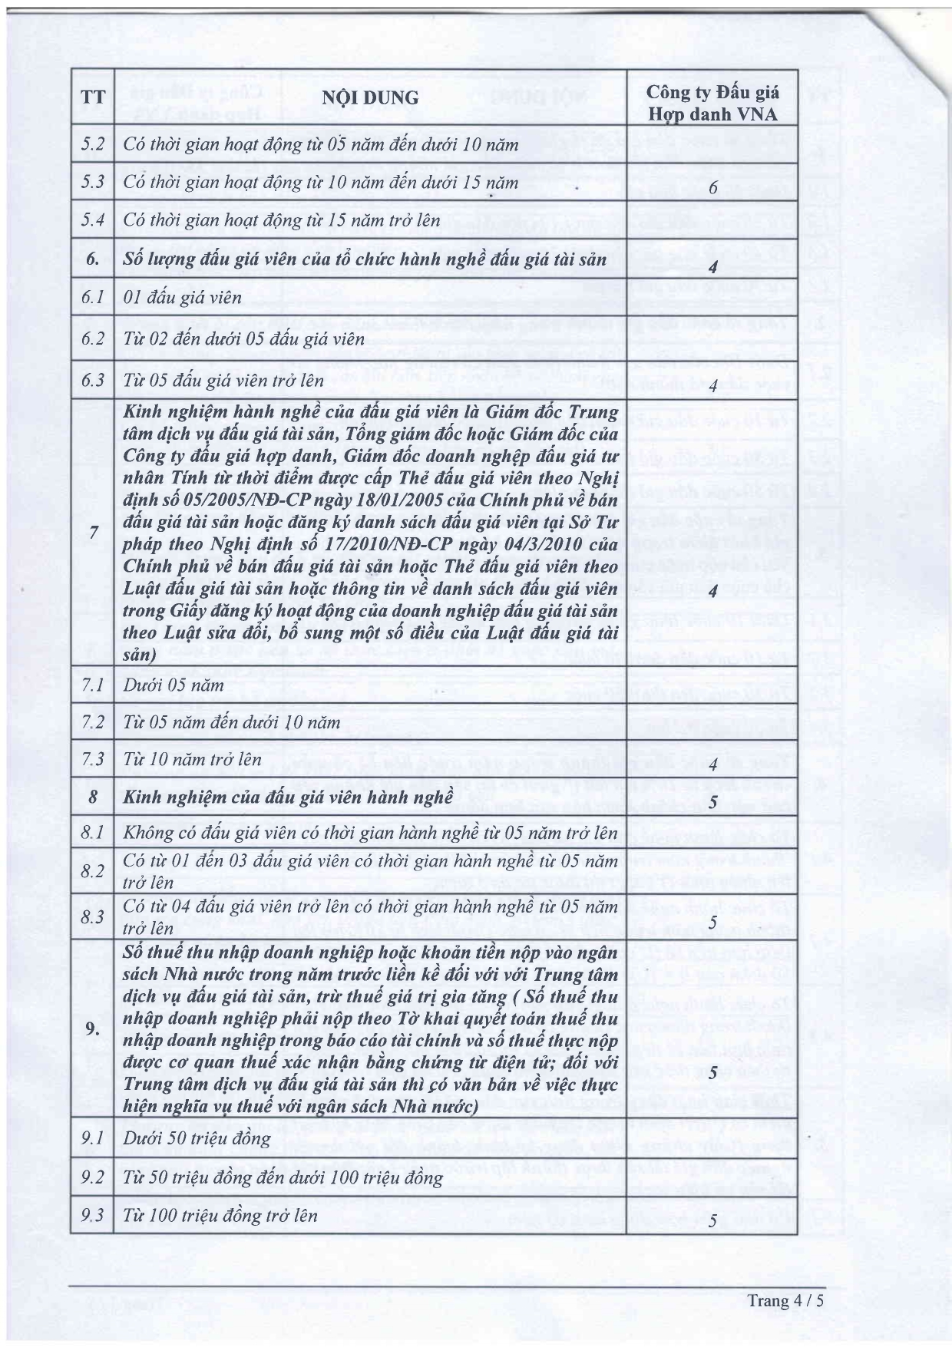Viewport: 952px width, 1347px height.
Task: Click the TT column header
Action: pyautogui.click(x=93, y=98)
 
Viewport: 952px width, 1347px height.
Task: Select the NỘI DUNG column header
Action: pyautogui.click(x=370, y=98)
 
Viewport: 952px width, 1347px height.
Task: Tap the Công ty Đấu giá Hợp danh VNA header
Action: pyautogui.click(x=712, y=103)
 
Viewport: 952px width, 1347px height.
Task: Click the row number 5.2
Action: pyautogui.click(x=93, y=144)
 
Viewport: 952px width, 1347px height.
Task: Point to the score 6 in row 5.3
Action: pyautogui.click(x=713, y=188)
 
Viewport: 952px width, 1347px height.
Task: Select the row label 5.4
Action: pyautogui.click(x=93, y=221)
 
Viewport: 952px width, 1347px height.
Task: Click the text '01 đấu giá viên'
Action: pyautogui.click(x=182, y=298)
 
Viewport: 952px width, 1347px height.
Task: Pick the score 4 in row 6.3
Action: pyautogui.click(x=713, y=386)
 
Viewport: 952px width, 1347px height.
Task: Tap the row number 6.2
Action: pyautogui.click(x=93, y=338)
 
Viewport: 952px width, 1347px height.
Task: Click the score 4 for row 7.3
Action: pyautogui.click(x=713, y=764)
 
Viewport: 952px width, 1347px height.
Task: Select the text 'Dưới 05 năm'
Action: pyautogui.click(x=174, y=685)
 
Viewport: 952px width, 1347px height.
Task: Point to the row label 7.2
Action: pyautogui.click(x=93, y=722)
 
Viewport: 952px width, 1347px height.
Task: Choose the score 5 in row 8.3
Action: pyautogui.click(x=713, y=922)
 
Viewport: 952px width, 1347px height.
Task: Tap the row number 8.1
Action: pyautogui.click(x=93, y=833)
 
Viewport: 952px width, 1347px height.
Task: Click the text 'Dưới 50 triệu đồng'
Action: pyautogui.click(x=197, y=1138)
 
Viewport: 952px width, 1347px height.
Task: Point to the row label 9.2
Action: pyautogui.click(x=93, y=1177)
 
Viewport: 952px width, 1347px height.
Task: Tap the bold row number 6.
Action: pyautogui.click(x=93, y=259)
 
